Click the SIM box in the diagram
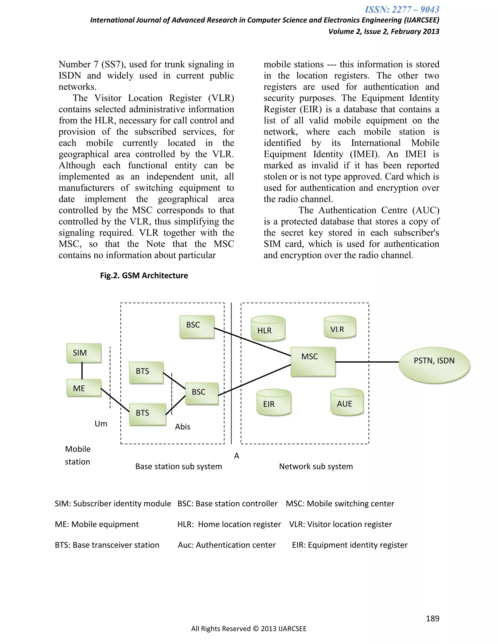click(84, 353)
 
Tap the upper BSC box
click(197, 327)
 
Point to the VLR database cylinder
click(340, 328)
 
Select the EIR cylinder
click(274, 402)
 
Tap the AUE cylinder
click(347, 402)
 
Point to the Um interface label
click(101, 424)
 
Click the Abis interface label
click(183, 427)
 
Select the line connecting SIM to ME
click(82, 371)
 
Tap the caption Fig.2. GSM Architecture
click(144, 275)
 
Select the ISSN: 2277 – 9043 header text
click(402, 10)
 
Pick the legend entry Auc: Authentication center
click(227, 545)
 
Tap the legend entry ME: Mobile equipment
click(97, 524)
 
